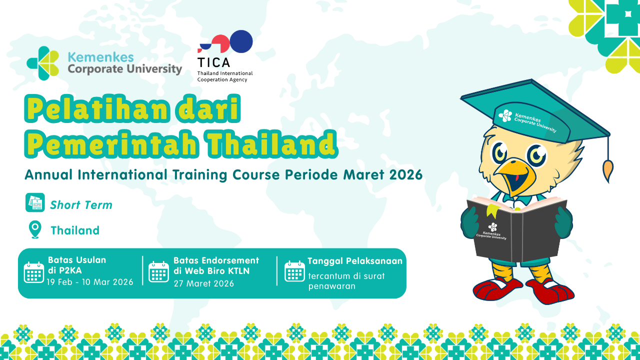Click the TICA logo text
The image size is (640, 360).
click(213, 62)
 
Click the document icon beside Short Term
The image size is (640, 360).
click(35, 202)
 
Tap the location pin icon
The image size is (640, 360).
click(34, 230)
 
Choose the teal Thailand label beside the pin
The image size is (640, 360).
click(75, 230)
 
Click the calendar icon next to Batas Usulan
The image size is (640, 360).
click(34, 272)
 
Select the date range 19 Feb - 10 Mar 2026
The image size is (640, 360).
click(90, 282)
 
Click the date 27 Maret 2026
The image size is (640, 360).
click(203, 283)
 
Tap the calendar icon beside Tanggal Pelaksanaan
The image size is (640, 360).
click(294, 271)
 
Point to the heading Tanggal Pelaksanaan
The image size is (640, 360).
click(354, 261)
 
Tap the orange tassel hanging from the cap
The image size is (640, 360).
click(608, 170)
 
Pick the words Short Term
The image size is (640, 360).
click(81, 205)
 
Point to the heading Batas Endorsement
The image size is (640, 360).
click(216, 260)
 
